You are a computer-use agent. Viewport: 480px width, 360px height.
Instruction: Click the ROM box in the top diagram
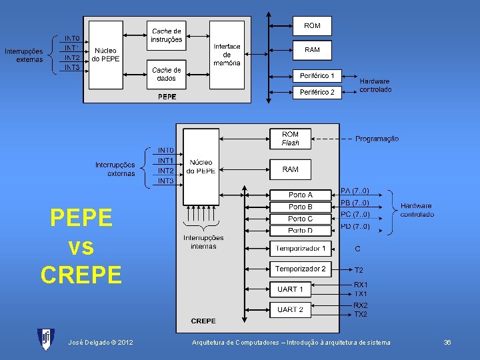[x=312, y=26]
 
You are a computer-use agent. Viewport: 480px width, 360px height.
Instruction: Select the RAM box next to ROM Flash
[x=291, y=169]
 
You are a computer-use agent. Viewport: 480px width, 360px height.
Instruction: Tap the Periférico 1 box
[x=317, y=75]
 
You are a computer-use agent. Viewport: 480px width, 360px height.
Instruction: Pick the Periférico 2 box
[x=317, y=92]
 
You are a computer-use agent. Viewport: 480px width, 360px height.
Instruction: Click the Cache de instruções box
[x=166, y=35]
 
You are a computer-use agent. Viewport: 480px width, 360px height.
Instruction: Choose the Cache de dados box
[x=166, y=74]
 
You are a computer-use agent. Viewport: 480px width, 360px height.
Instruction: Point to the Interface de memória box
[x=227, y=55]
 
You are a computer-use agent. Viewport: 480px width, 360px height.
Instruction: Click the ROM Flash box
[x=291, y=139]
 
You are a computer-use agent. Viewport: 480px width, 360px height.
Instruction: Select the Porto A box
[x=300, y=195]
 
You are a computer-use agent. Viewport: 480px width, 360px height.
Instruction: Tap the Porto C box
[x=300, y=219]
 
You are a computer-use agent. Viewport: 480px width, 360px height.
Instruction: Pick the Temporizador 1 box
[x=301, y=249]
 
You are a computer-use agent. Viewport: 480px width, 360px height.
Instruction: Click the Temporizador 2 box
[x=301, y=269]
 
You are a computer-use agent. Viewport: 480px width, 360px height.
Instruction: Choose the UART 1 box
[x=291, y=289]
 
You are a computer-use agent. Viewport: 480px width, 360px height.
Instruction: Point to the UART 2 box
[x=291, y=309]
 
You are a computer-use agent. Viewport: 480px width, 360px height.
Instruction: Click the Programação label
[x=377, y=139]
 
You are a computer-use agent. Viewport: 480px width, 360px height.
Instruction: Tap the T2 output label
[x=359, y=270]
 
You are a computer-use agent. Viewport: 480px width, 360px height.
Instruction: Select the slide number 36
[x=447, y=342]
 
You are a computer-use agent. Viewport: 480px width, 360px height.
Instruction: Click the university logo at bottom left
[x=46, y=340]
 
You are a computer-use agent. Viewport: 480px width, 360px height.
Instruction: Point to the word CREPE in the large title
[x=81, y=275]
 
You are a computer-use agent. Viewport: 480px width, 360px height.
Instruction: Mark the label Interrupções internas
[x=203, y=242]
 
